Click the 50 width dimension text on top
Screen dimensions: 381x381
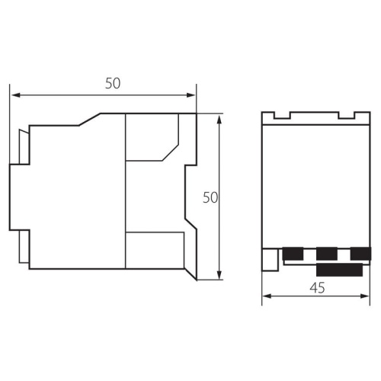pos(113,83)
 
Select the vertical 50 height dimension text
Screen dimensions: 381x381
pos(210,197)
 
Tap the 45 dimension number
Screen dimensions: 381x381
pos(317,288)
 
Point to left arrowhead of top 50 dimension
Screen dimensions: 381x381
pos(16,95)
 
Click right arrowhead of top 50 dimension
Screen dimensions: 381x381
pos(190,95)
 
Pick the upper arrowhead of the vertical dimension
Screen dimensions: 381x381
pos(219,119)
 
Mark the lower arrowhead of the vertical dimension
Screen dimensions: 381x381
pos(219,275)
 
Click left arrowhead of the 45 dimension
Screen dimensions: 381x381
pos(267,296)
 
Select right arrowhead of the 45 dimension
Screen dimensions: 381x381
pos(365,296)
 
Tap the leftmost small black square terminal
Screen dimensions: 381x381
pos(293,254)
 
